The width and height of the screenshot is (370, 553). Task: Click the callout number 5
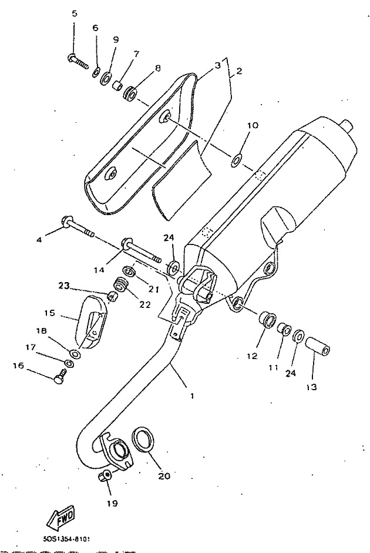(74, 14)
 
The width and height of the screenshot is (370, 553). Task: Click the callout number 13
(311, 387)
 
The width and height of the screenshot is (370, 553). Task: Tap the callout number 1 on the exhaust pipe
(191, 396)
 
